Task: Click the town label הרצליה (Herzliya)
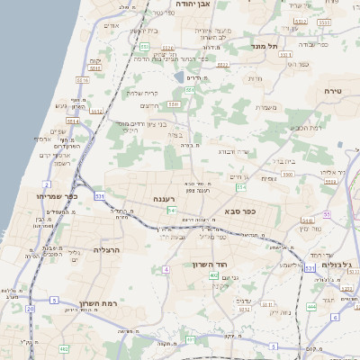click(x=106, y=250)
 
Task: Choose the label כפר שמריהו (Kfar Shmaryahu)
click(x=57, y=196)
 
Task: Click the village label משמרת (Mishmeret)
click(x=266, y=108)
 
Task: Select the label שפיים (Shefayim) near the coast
click(x=58, y=131)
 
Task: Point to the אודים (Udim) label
click(x=112, y=25)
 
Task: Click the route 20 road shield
click(x=30, y=309)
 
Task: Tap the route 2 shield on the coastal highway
click(x=46, y=184)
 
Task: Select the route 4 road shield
click(x=166, y=269)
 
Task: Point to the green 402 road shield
click(x=213, y=275)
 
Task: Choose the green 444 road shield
click(x=311, y=306)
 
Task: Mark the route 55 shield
click(x=328, y=214)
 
